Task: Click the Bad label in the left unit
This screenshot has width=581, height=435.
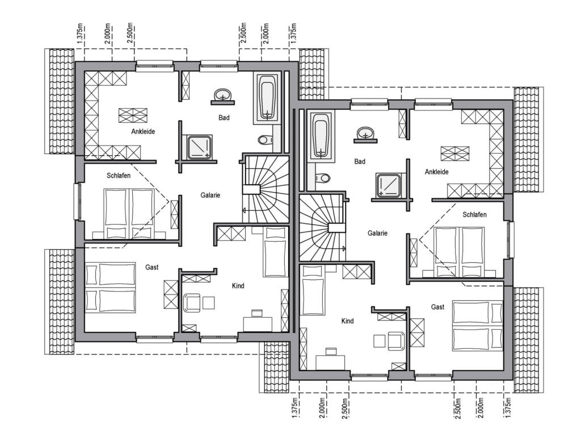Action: pos(224,118)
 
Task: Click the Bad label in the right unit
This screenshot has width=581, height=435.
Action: pos(359,161)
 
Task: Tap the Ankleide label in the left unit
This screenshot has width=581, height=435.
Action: pos(142,131)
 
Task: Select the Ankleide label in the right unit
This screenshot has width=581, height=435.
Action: pos(436,172)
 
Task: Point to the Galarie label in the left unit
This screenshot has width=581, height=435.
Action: pos(210,195)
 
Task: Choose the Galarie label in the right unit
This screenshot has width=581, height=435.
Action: pos(377,233)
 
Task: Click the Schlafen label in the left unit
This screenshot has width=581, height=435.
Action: pos(119,176)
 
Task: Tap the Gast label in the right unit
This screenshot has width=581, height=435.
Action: pos(437,306)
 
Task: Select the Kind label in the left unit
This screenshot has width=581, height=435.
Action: pos(238,285)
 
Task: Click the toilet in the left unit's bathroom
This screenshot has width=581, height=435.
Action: pos(266,140)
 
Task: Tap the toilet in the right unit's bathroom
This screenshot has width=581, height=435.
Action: pos(322,178)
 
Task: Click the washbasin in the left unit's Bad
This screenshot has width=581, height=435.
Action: pos(222,95)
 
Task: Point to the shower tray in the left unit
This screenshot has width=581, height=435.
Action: pos(199,147)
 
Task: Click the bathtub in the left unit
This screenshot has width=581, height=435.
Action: pos(267,98)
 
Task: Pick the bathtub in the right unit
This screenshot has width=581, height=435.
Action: pos(320,136)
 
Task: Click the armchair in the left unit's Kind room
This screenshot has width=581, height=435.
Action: pos(192,302)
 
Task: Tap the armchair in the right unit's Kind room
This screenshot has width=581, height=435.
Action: pos(397,340)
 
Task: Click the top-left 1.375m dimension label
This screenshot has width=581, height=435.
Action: pos(81,35)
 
